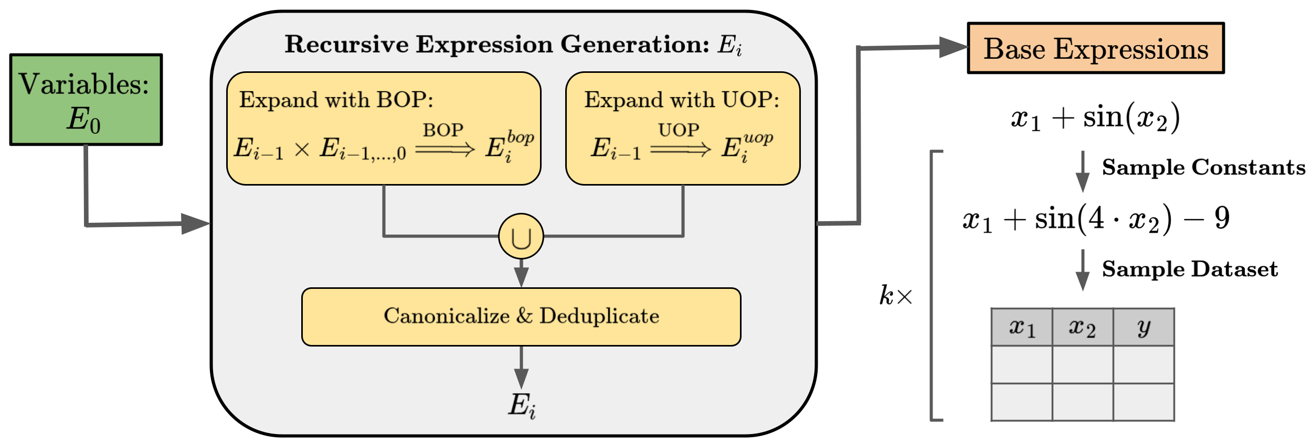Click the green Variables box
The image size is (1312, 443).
[86, 100]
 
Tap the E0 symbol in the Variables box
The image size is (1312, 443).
[83, 120]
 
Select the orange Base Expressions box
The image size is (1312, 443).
[1095, 48]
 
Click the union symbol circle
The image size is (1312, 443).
[521, 236]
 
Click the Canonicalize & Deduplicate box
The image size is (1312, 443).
[521, 317]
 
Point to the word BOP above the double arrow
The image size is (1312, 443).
[443, 130]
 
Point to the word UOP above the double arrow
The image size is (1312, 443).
[679, 130]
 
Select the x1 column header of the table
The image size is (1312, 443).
[1021, 328]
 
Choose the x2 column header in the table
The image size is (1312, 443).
[1082, 328]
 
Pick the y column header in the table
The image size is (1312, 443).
[1144, 328]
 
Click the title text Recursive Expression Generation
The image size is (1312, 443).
[496, 44]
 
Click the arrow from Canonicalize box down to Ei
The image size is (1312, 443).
[521, 368]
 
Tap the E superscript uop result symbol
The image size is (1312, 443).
[745, 147]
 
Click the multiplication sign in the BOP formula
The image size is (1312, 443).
[302, 150]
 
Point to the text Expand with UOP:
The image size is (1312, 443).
[682, 100]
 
